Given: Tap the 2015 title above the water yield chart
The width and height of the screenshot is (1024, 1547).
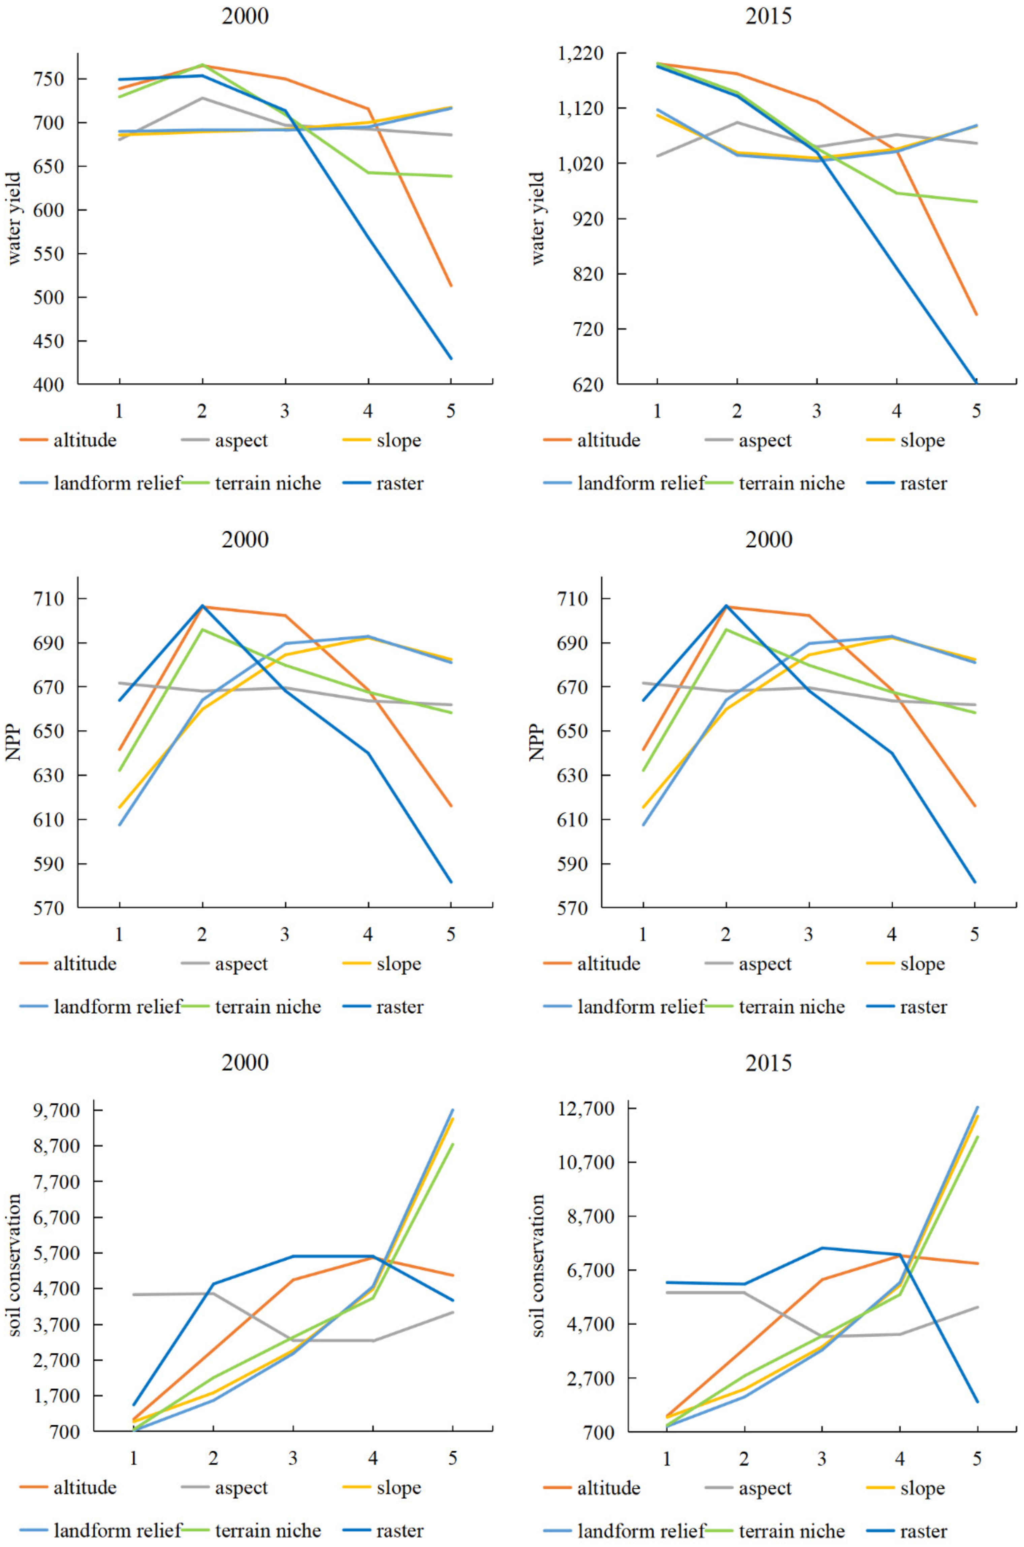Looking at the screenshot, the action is pos(769,16).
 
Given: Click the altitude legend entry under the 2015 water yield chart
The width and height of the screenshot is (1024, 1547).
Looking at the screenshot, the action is pos(592,440).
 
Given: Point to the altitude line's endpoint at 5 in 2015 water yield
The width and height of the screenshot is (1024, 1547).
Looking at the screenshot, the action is pos(976,315).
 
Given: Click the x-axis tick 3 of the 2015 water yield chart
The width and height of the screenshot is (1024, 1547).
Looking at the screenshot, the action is pos(816,411).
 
